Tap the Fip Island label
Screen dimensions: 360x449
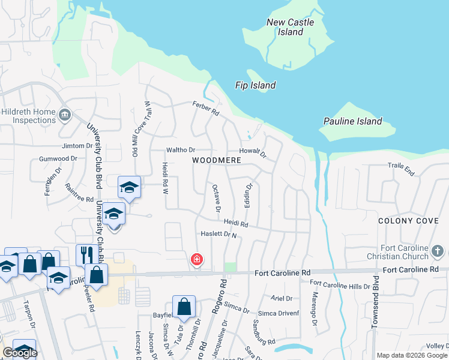coord(255,85)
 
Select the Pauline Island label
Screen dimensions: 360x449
coord(352,121)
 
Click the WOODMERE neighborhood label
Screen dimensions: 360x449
coord(216,161)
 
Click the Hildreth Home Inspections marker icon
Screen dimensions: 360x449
coord(65,113)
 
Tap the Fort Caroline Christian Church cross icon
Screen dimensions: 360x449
coord(438,250)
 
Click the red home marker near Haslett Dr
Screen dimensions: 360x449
coord(196,259)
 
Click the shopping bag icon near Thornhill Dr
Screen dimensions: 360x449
coord(184,306)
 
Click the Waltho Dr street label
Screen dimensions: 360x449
coord(181,150)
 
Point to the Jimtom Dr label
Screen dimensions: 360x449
coord(77,146)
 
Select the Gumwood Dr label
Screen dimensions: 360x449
coord(58,159)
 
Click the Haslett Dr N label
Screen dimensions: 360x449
coord(218,235)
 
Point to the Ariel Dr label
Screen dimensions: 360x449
coord(281,298)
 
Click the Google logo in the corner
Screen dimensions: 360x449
coord(20,353)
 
